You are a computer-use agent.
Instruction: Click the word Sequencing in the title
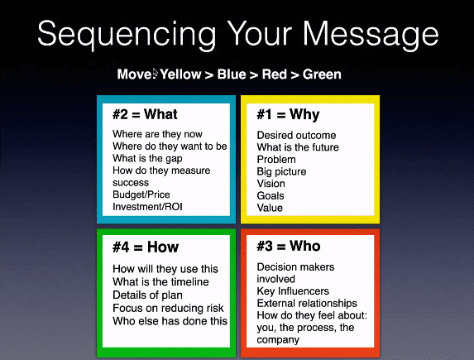[127, 35]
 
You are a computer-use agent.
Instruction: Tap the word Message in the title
[371, 35]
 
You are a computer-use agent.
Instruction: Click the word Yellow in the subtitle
[180, 74]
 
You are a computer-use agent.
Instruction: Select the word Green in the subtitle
[322, 74]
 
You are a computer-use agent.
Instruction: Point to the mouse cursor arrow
[155, 73]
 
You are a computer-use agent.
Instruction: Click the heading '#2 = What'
[145, 114]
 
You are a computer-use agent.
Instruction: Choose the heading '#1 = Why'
[288, 115]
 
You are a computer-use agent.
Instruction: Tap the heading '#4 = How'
[146, 247]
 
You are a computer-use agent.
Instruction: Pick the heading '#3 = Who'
[289, 246]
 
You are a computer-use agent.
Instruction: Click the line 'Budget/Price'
[141, 194]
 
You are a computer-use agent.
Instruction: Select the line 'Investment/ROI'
[147, 207]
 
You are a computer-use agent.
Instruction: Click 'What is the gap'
[147, 159]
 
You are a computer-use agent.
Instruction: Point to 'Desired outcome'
[296, 135]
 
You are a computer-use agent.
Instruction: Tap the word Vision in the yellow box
[271, 184]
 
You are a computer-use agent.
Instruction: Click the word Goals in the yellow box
[271, 196]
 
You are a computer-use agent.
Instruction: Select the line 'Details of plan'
[147, 295]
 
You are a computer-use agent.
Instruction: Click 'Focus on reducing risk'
[168, 308]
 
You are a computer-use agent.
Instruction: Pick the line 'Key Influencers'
[293, 291]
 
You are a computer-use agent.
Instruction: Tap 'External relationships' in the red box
[307, 303]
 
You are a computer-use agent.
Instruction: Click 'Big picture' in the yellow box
[281, 171]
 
